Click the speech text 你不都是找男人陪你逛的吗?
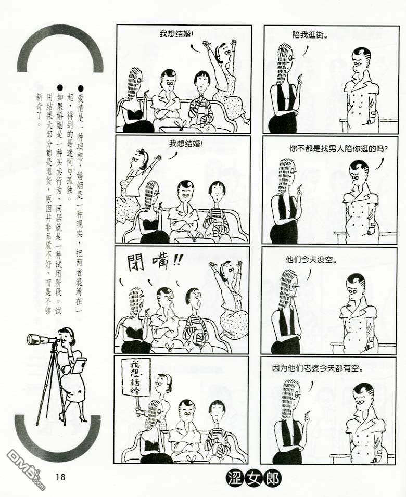point(338,148)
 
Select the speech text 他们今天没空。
point(311,260)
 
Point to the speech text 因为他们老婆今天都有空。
point(318,368)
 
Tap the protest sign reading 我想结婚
point(136,377)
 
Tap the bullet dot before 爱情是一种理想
point(81,87)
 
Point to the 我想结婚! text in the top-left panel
point(176,34)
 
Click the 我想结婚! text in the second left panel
point(185,144)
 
